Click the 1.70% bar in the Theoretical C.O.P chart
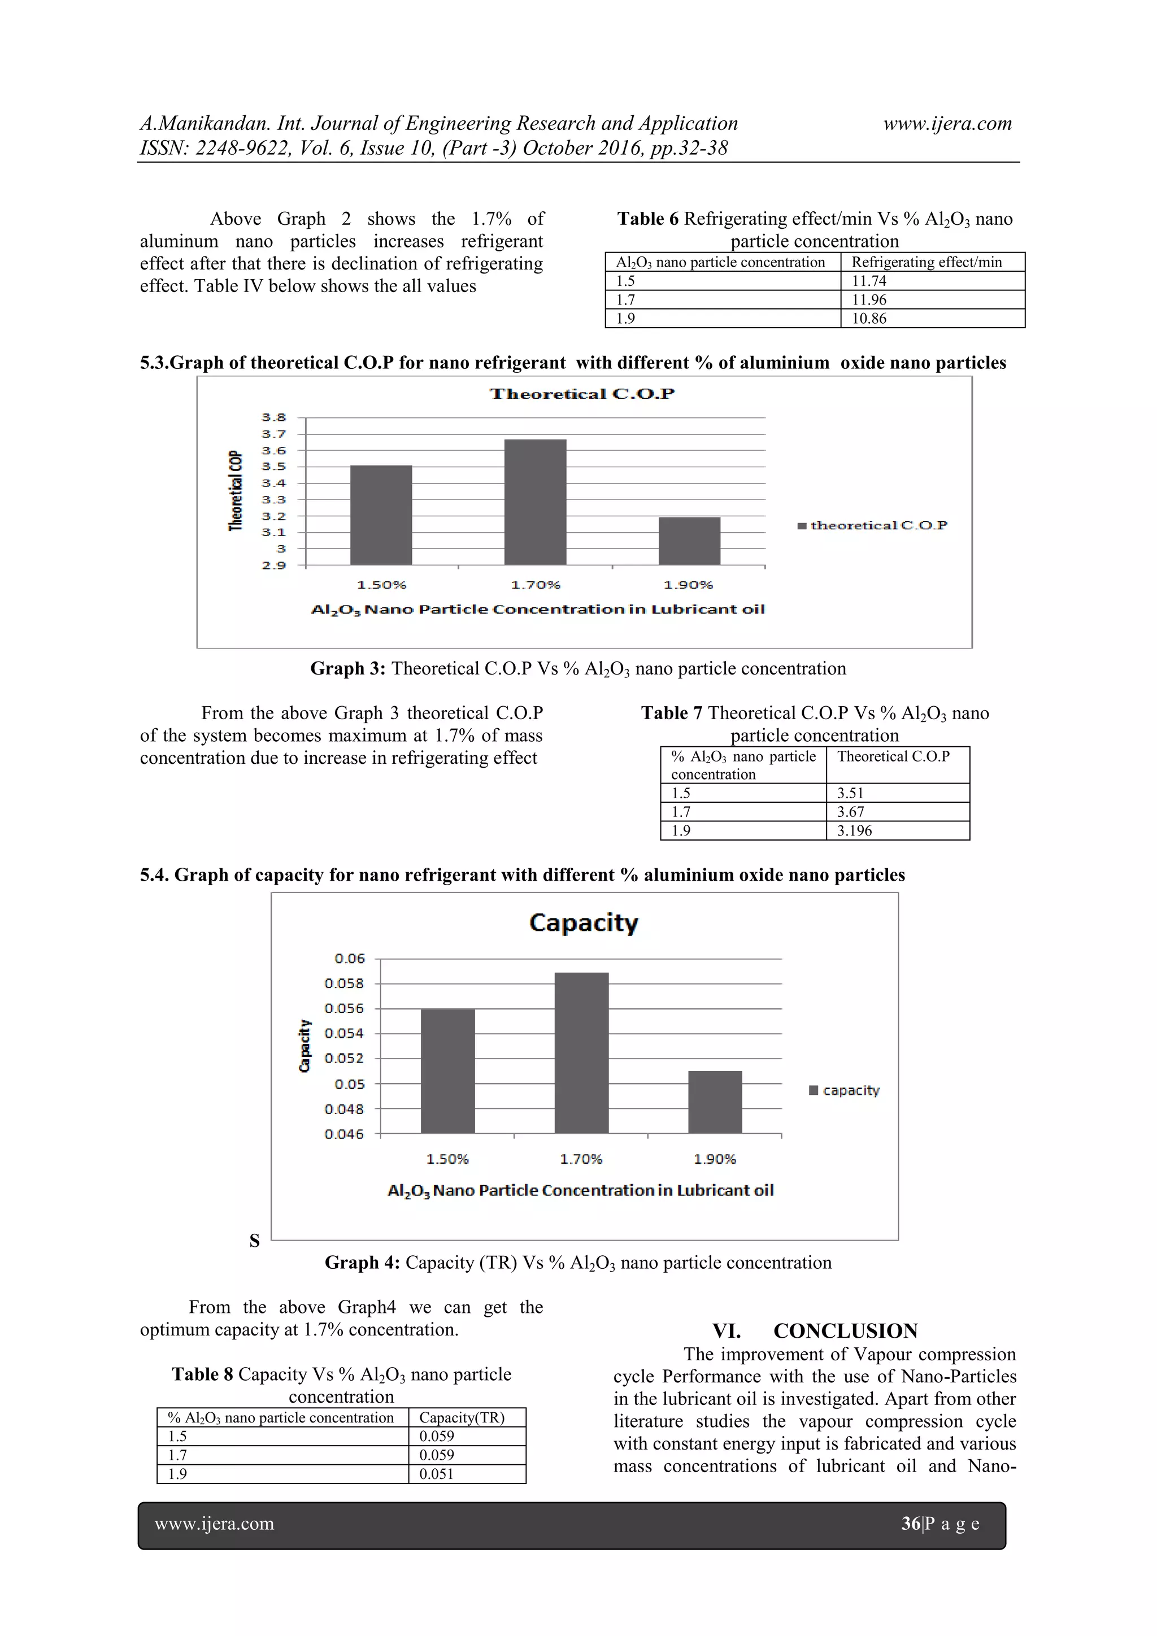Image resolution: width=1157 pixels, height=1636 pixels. (535, 502)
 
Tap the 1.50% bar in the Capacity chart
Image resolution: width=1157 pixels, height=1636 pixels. (447, 1071)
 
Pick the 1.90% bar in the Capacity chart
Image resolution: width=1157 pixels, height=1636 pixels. (715, 1102)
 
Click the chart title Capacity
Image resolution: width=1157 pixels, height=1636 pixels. (584, 923)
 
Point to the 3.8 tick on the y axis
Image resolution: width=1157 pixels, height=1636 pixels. (273, 417)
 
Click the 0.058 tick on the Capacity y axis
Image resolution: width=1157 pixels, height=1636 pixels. (344, 984)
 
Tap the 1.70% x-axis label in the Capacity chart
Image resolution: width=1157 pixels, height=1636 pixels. (581, 1159)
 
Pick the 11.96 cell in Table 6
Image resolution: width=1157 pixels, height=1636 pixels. (869, 300)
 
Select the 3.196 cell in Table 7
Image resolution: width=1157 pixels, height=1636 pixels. (854, 831)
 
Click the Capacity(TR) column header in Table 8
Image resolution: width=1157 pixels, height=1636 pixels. (462, 1418)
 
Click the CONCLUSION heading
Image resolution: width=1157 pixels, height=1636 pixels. (845, 1331)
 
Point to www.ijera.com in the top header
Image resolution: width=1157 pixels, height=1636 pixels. (947, 123)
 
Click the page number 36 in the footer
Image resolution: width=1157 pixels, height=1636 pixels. (911, 1524)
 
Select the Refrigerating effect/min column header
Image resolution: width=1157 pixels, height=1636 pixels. (926, 262)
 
